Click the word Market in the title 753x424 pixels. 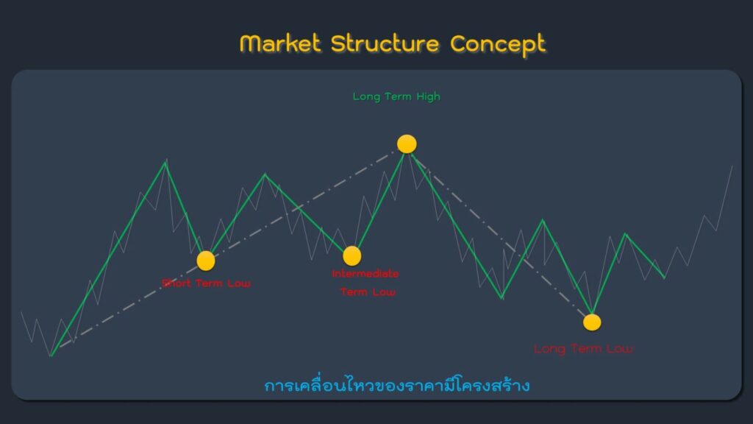[280, 43]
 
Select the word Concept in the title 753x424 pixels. [498, 43]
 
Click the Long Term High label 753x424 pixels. [396, 96]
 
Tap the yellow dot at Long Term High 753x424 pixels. [407, 144]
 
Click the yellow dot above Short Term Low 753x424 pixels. [206, 261]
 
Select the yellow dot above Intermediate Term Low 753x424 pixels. [352, 255]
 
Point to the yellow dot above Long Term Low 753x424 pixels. [592, 322]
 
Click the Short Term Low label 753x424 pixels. [206, 283]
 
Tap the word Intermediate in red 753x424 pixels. [365, 274]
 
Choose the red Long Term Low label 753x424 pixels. [583, 348]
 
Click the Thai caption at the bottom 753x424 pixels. [397, 386]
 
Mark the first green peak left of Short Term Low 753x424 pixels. [166, 161]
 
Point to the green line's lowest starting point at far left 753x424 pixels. [51, 356]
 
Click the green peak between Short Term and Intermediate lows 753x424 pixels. [265, 174]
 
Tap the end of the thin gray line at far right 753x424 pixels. [732, 166]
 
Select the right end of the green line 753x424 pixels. [665, 278]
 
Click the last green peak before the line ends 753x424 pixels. [626, 234]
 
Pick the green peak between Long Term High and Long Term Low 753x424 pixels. [543, 220]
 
